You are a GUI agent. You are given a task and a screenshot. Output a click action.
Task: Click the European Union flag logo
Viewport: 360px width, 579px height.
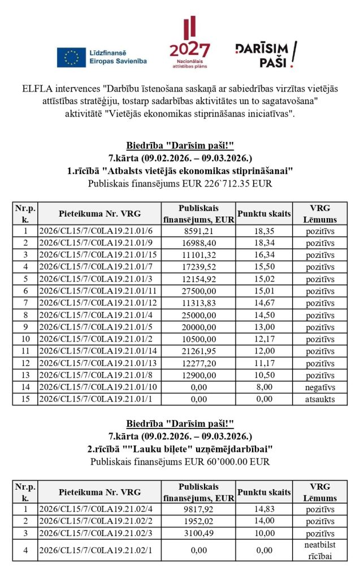click(x=71, y=57)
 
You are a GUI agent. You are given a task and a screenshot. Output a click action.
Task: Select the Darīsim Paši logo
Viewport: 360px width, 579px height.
click(x=266, y=54)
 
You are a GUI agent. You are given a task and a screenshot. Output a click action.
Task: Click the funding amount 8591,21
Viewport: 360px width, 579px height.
click(x=197, y=231)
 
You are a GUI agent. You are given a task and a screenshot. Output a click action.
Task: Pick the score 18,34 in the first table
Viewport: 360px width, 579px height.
click(x=264, y=241)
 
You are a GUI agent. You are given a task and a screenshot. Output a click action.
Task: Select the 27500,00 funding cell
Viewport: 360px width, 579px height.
click(x=197, y=290)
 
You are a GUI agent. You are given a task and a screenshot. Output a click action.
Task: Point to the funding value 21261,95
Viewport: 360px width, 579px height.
click(x=197, y=351)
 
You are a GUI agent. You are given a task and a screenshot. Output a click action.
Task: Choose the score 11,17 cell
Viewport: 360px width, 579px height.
click(x=264, y=363)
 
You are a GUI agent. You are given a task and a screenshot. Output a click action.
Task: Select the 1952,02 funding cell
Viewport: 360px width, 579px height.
click(x=197, y=521)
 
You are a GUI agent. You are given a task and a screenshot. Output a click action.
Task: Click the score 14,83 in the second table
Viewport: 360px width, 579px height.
click(x=264, y=509)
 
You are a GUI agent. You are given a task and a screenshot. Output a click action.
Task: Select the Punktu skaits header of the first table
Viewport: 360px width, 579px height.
click(x=264, y=213)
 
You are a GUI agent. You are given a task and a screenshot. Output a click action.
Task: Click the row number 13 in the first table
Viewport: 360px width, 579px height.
click(x=24, y=375)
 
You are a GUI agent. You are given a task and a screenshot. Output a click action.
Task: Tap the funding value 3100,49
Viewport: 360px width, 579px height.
click(x=197, y=533)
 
